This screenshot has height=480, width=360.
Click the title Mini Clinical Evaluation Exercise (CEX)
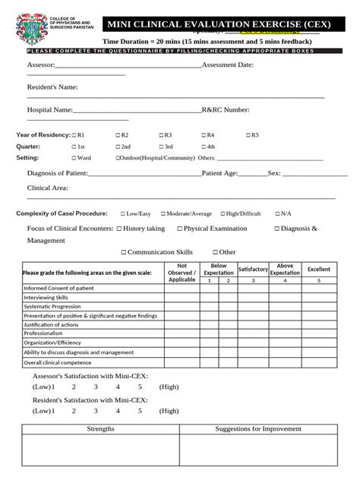218,25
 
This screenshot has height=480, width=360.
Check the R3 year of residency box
161,134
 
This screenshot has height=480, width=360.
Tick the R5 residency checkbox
248,134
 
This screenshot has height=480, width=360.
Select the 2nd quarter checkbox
118,147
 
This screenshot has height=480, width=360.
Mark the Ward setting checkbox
74,158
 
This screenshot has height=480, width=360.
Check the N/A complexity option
277,213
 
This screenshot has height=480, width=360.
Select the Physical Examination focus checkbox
179,229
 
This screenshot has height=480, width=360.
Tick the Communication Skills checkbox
123,252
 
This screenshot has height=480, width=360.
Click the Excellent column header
319,269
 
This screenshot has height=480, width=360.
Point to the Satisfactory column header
253,269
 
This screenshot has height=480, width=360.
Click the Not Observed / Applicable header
182,272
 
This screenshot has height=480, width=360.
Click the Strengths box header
100,429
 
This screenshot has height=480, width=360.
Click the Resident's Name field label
52,87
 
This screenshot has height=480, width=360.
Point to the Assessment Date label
228,65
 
